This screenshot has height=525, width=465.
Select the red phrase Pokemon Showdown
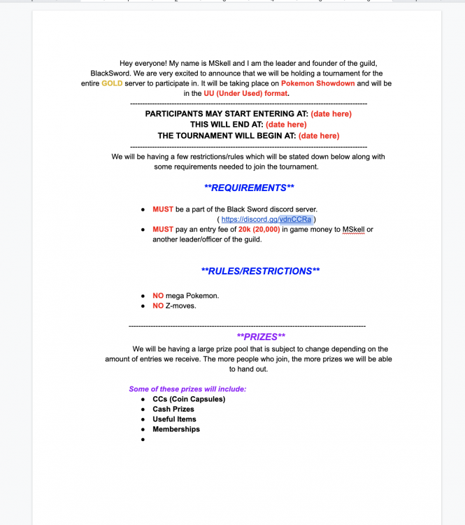[x=318, y=83]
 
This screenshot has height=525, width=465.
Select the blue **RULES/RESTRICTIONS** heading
[x=260, y=271]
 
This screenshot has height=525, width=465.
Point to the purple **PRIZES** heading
[x=261, y=337]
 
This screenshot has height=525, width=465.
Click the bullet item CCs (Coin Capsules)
[x=189, y=399]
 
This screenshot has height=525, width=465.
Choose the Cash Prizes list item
[x=173, y=409]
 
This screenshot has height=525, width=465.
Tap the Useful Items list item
[x=174, y=419]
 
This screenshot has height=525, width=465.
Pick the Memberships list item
[x=176, y=429]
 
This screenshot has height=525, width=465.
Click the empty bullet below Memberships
[x=143, y=440]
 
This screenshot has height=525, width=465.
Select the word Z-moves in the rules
[x=182, y=306]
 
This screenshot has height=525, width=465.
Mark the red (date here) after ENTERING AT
[x=331, y=113]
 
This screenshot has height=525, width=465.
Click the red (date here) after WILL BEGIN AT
[x=318, y=136]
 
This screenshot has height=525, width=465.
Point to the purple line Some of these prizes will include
[x=187, y=388]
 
